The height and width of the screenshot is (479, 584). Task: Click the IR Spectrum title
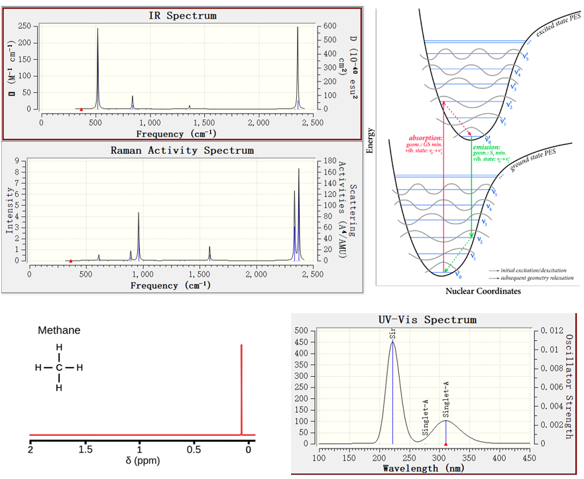click(182, 15)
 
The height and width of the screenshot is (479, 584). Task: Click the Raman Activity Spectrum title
click(182, 151)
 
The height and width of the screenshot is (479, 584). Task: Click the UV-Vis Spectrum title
click(427, 320)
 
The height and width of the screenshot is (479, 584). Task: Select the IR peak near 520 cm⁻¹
click(97, 30)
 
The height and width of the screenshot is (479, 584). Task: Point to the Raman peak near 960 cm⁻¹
click(139, 213)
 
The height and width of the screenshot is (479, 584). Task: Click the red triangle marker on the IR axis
click(82, 109)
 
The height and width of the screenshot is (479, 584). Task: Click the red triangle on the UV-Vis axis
click(446, 443)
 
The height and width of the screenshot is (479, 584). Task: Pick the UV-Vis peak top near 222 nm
click(392, 342)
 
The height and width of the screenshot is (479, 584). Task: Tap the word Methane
click(59, 330)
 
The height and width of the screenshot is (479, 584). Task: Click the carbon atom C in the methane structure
click(59, 368)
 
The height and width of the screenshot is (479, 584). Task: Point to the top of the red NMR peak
click(241, 346)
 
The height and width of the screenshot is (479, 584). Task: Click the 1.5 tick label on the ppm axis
click(85, 450)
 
